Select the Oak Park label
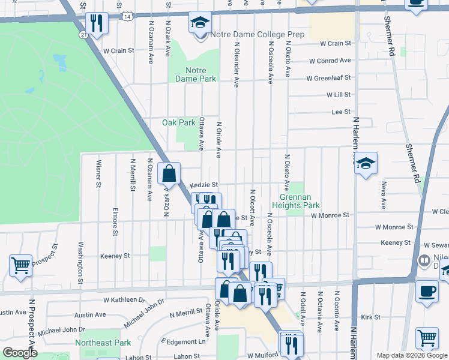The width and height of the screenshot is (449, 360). click(179, 122)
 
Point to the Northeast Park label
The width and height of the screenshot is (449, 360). click(103, 343)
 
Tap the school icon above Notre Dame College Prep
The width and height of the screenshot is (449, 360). click(199, 23)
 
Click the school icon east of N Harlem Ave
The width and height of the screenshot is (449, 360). click(366, 163)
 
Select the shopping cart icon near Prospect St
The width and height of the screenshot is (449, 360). click(20, 265)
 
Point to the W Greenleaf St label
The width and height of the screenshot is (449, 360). click(328, 78)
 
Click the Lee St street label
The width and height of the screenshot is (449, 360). click(341, 112)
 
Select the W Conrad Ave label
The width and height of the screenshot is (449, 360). click(330, 61)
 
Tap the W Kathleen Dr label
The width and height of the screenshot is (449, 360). click(125, 299)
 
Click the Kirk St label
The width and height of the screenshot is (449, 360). click(371, 316)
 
